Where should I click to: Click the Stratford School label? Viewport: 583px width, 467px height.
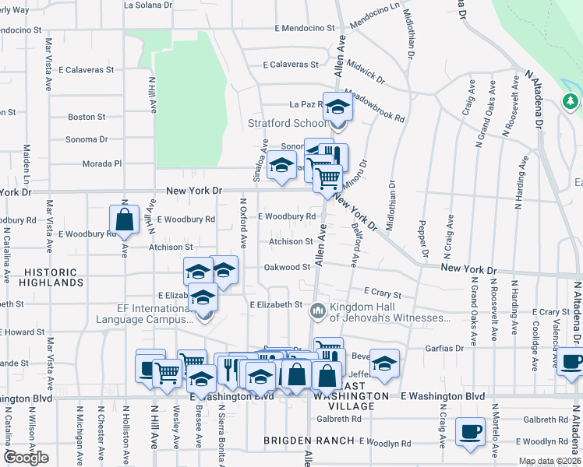[x=286, y=123]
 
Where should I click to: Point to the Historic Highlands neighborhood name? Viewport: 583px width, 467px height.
[x=51, y=278]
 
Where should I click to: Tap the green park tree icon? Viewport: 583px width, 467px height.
[x=571, y=101]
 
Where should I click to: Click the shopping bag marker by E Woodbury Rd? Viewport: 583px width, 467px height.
[x=124, y=220]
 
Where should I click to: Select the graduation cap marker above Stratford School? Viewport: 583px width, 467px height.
[x=337, y=106]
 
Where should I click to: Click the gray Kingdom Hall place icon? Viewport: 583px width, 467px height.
[x=318, y=311]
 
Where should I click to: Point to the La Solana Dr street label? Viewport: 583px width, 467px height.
[x=148, y=5]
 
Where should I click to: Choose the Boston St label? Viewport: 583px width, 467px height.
[x=87, y=117]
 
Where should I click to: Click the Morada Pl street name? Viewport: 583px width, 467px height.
[x=103, y=163]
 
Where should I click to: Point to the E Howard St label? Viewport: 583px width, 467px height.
[x=23, y=332]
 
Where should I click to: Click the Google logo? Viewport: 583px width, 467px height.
[x=26, y=458]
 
